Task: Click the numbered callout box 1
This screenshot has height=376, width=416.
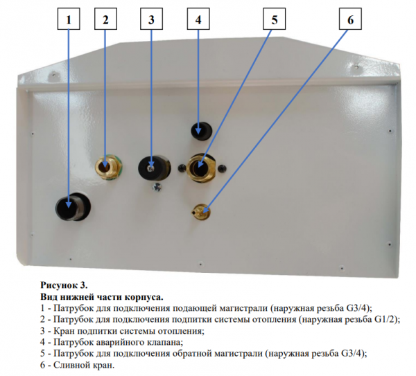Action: (x=69, y=20)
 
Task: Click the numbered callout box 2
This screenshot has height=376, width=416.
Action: (x=105, y=20)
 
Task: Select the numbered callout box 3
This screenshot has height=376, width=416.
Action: (x=150, y=20)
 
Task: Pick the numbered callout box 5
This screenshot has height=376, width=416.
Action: (x=274, y=20)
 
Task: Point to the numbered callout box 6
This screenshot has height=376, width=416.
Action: (x=349, y=20)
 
